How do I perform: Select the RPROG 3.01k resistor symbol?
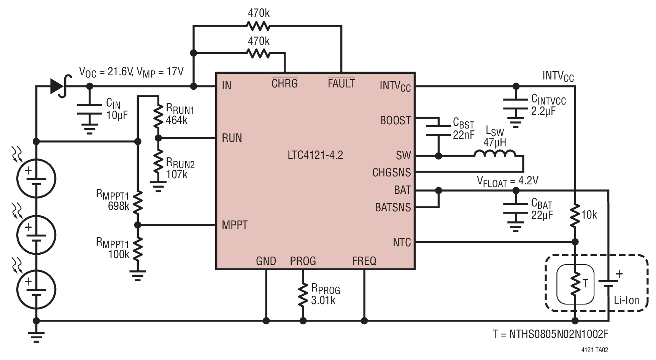pos(303,294)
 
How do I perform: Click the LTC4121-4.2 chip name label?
pos(315,155)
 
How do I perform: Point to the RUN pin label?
pos(232,138)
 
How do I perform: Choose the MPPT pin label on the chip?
pos(235,225)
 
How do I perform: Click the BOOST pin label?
pos(396,121)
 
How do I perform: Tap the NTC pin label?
pos(402,242)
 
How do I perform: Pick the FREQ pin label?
pos(364,261)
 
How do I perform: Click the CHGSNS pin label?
pos(392,173)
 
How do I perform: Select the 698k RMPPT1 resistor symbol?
pos(138,202)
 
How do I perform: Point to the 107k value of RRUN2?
pos(176,174)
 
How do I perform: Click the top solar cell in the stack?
pos(36,178)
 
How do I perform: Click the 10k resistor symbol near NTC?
pos(575,216)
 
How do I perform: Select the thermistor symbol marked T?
pos(575,283)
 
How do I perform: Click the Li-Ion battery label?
pos(626,300)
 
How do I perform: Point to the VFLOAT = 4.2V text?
pos(508,181)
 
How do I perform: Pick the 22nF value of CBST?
pos(464,135)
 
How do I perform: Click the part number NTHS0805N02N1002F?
pos(550,334)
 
